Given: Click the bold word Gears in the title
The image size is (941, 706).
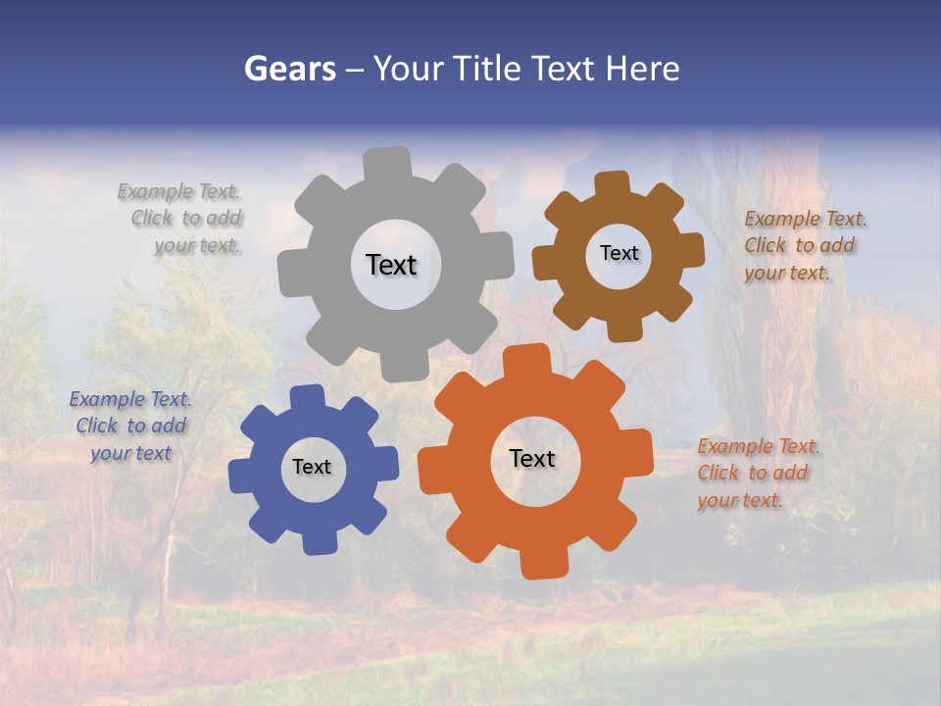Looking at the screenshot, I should click(x=289, y=69).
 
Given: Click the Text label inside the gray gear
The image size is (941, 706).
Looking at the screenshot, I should click(x=391, y=265).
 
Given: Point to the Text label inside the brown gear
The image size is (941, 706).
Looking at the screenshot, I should click(x=619, y=253).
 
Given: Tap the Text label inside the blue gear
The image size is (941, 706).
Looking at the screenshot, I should click(x=312, y=467).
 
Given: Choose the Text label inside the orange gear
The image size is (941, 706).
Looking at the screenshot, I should click(x=532, y=458).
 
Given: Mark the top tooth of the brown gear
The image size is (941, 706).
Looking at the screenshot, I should click(x=612, y=184).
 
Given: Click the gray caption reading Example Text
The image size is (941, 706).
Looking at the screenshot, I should click(x=178, y=191).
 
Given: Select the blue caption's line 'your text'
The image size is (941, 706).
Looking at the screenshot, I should click(x=131, y=453).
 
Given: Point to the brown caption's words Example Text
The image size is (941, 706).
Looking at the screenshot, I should click(x=806, y=219).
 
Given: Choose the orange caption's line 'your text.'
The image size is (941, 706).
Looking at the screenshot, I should click(x=740, y=500).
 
